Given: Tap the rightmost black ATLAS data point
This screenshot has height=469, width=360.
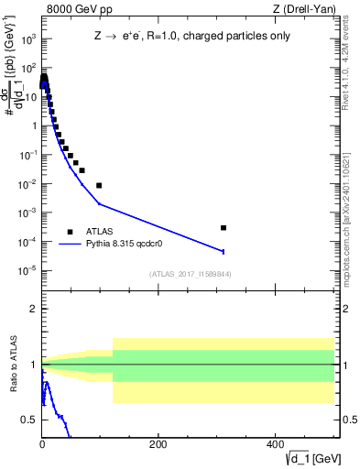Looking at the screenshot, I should (x=224, y=227).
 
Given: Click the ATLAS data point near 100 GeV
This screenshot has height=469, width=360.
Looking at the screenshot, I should (x=99, y=185).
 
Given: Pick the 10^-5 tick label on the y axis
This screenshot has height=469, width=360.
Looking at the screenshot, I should (x=27, y=270).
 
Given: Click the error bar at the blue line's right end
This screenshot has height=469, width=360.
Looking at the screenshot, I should (x=224, y=251).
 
